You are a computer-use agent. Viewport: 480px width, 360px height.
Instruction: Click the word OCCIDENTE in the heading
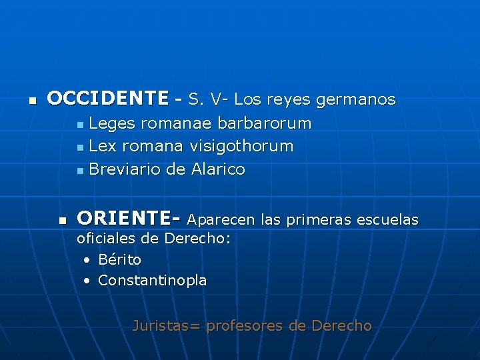point(108,99)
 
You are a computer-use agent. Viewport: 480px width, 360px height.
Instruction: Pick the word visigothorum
point(241,147)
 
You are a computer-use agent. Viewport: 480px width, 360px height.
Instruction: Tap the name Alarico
point(218,170)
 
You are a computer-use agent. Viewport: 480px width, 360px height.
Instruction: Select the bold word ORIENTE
point(125,219)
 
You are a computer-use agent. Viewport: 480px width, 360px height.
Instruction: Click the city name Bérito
point(119,259)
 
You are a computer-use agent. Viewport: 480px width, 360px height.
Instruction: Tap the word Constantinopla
point(152,281)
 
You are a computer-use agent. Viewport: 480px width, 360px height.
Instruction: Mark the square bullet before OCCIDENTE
point(31,101)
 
